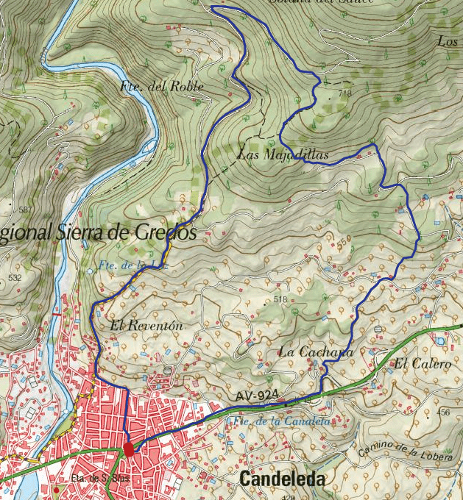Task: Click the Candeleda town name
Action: click(x=282, y=480)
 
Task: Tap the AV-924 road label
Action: click(x=258, y=396)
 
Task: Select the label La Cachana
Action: click(x=316, y=353)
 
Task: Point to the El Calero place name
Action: click(x=421, y=363)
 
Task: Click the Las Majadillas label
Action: click(x=283, y=154)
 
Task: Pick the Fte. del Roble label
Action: click(x=161, y=86)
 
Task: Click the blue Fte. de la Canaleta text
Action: click(x=280, y=422)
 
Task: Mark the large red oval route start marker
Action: click(x=129, y=449)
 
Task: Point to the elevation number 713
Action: click(x=345, y=93)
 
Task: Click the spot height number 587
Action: click(x=26, y=210)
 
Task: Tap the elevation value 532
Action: click(x=14, y=278)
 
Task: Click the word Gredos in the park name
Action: click(x=167, y=232)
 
